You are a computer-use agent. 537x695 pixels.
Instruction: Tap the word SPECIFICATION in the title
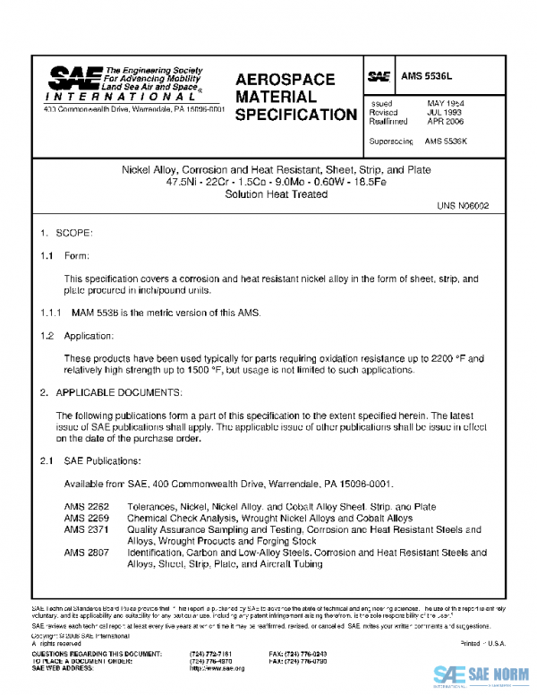tap(296, 116)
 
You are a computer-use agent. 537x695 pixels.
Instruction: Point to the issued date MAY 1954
tap(445, 104)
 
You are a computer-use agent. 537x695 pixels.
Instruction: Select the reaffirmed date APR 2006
tap(445, 121)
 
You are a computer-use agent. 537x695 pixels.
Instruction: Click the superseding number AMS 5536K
tap(447, 141)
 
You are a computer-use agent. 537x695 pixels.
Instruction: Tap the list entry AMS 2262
tap(83, 507)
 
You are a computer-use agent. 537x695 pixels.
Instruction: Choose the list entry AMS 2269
tap(83, 518)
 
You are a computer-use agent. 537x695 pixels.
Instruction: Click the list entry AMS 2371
tap(83, 529)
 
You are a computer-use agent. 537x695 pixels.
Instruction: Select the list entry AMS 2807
tap(83, 553)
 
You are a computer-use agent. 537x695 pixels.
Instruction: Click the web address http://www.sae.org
tap(217, 668)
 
